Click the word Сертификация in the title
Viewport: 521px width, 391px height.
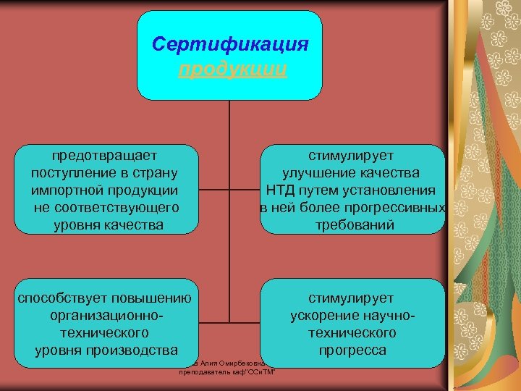(230, 44)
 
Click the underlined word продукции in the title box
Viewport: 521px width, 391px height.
(232, 69)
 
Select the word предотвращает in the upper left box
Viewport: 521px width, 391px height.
(105, 155)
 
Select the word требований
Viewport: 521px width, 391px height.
(352, 225)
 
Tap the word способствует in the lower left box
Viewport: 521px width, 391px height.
(60, 298)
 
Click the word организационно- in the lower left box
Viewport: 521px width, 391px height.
(106, 316)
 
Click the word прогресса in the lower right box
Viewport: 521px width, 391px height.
(352, 350)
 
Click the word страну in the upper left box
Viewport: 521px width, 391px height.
(156, 173)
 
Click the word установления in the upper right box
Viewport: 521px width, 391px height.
(391, 190)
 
